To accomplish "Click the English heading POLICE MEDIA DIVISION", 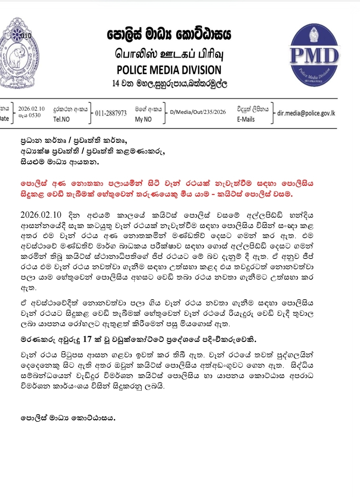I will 169,70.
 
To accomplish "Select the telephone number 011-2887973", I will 111,114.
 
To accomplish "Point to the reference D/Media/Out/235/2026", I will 198,112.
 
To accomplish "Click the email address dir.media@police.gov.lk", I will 306,113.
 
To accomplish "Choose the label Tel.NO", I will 62,119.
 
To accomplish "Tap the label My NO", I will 143,119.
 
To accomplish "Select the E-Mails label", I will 246,119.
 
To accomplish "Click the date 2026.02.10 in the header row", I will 31,109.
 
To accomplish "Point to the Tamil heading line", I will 169,54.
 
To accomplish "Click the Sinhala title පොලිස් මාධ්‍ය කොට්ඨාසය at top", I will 169,35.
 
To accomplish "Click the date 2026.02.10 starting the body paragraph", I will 41,215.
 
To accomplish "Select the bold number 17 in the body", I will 88,339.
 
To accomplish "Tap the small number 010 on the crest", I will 26,35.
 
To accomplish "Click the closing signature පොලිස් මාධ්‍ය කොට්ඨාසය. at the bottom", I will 68,418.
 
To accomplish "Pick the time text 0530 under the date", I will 34,115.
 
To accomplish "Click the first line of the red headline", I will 167,183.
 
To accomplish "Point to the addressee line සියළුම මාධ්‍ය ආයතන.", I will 59,161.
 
